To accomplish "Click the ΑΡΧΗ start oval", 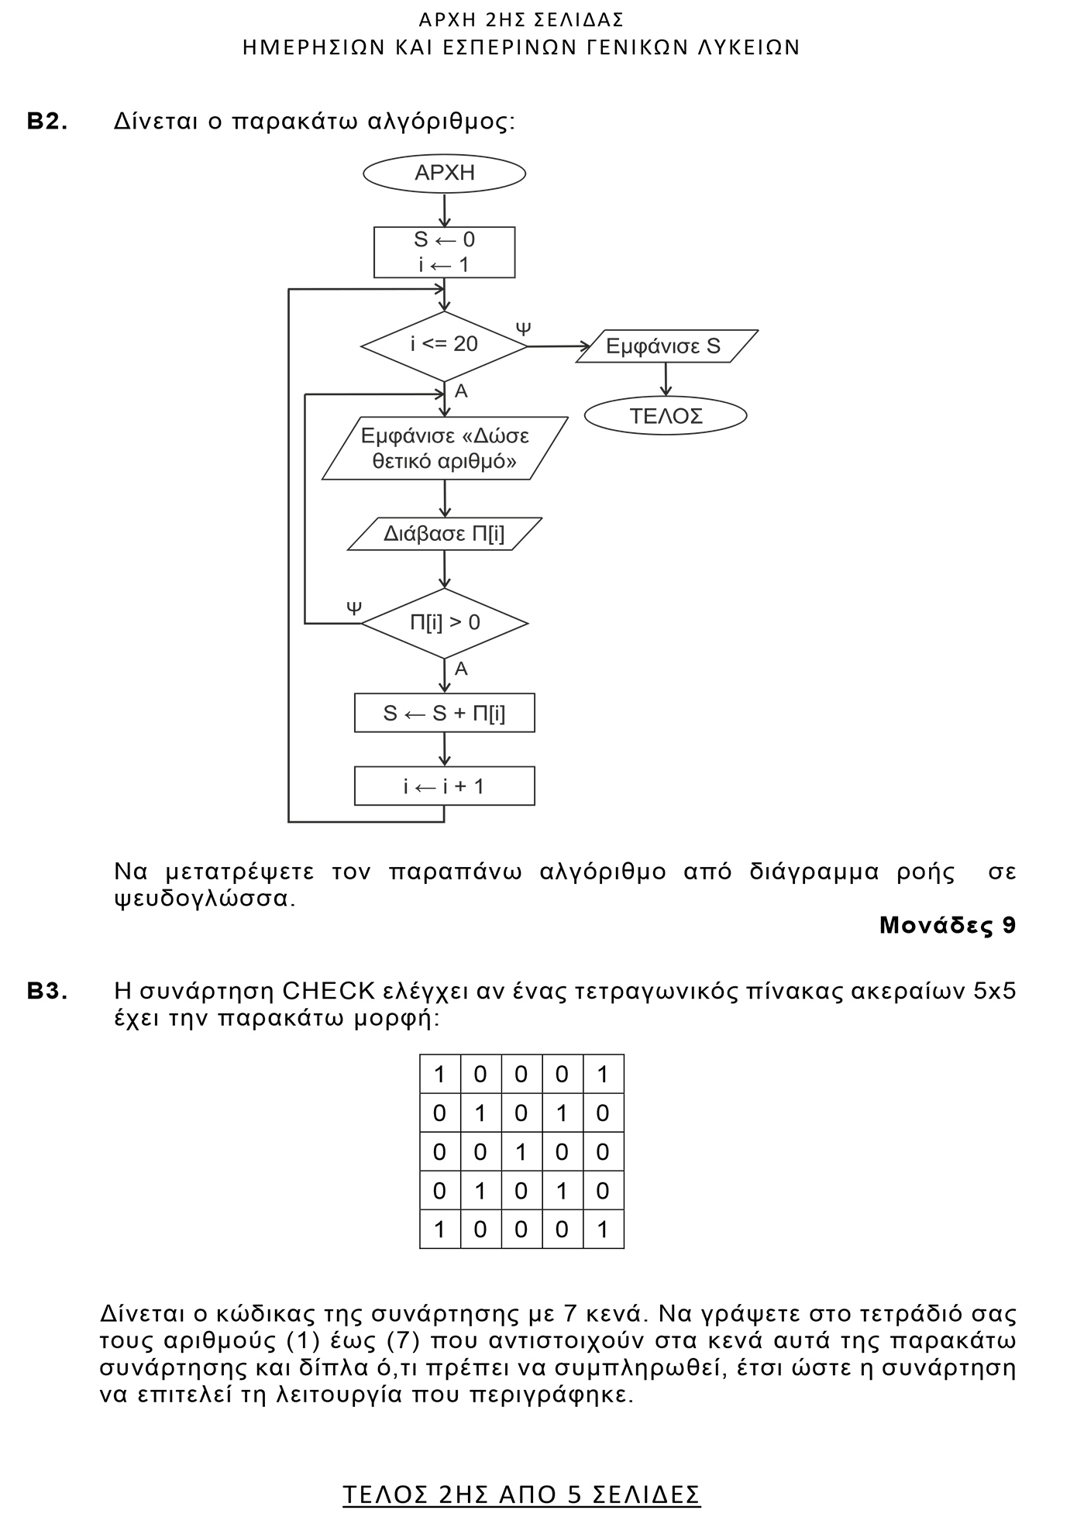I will [x=444, y=174].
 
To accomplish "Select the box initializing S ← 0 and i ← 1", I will [x=444, y=253].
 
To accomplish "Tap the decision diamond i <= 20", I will [x=444, y=346].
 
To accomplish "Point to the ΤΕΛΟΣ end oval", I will [x=665, y=416].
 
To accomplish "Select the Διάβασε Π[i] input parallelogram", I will [x=444, y=535].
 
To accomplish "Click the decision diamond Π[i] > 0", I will [x=444, y=623].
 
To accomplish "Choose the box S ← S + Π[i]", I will [x=444, y=713].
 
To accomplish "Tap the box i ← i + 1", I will [x=444, y=786].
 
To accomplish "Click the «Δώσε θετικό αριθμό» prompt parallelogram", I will [x=444, y=449].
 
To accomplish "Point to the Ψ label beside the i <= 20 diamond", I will [x=524, y=328].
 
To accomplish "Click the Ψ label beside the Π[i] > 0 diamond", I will [x=354, y=607].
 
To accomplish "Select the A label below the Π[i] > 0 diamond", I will [x=461, y=669].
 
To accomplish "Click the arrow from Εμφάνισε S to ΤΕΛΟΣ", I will [x=665, y=380].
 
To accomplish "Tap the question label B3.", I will [x=47, y=992].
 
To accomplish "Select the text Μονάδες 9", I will [x=947, y=926].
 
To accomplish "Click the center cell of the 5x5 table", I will [x=521, y=1152].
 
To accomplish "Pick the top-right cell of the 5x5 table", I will [x=603, y=1075].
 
